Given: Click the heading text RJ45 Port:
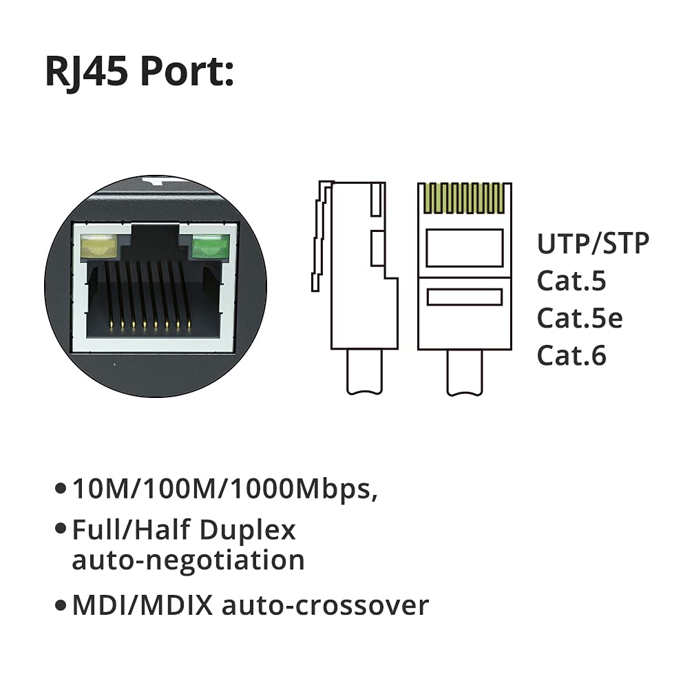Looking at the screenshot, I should (x=140, y=72).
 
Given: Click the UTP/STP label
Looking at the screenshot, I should (x=593, y=244).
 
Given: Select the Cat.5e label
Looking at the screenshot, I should (x=580, y=318).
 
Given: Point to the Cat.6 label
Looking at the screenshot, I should (x=571, y=355).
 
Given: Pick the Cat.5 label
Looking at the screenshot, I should (x=571, y=281).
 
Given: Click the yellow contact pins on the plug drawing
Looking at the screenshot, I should (x=464, y=198).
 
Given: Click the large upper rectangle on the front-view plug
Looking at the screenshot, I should (x=464, y=248).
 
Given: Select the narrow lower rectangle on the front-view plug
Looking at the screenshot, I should (x=464, y=297).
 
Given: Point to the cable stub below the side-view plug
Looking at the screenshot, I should (x=365, y=372).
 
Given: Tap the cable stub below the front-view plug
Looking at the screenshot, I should (x=465, y=372).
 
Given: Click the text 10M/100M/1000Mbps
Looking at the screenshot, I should (x=224, y=490).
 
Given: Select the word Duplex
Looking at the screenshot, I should (x=248, y=530).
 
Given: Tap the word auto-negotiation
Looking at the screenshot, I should (x=188, y=560).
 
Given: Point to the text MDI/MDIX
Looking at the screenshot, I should (x=143, y=605).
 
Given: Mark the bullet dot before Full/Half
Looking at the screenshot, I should (x=61, y=530).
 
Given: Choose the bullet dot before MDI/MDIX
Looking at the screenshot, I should (x=61, y=606).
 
